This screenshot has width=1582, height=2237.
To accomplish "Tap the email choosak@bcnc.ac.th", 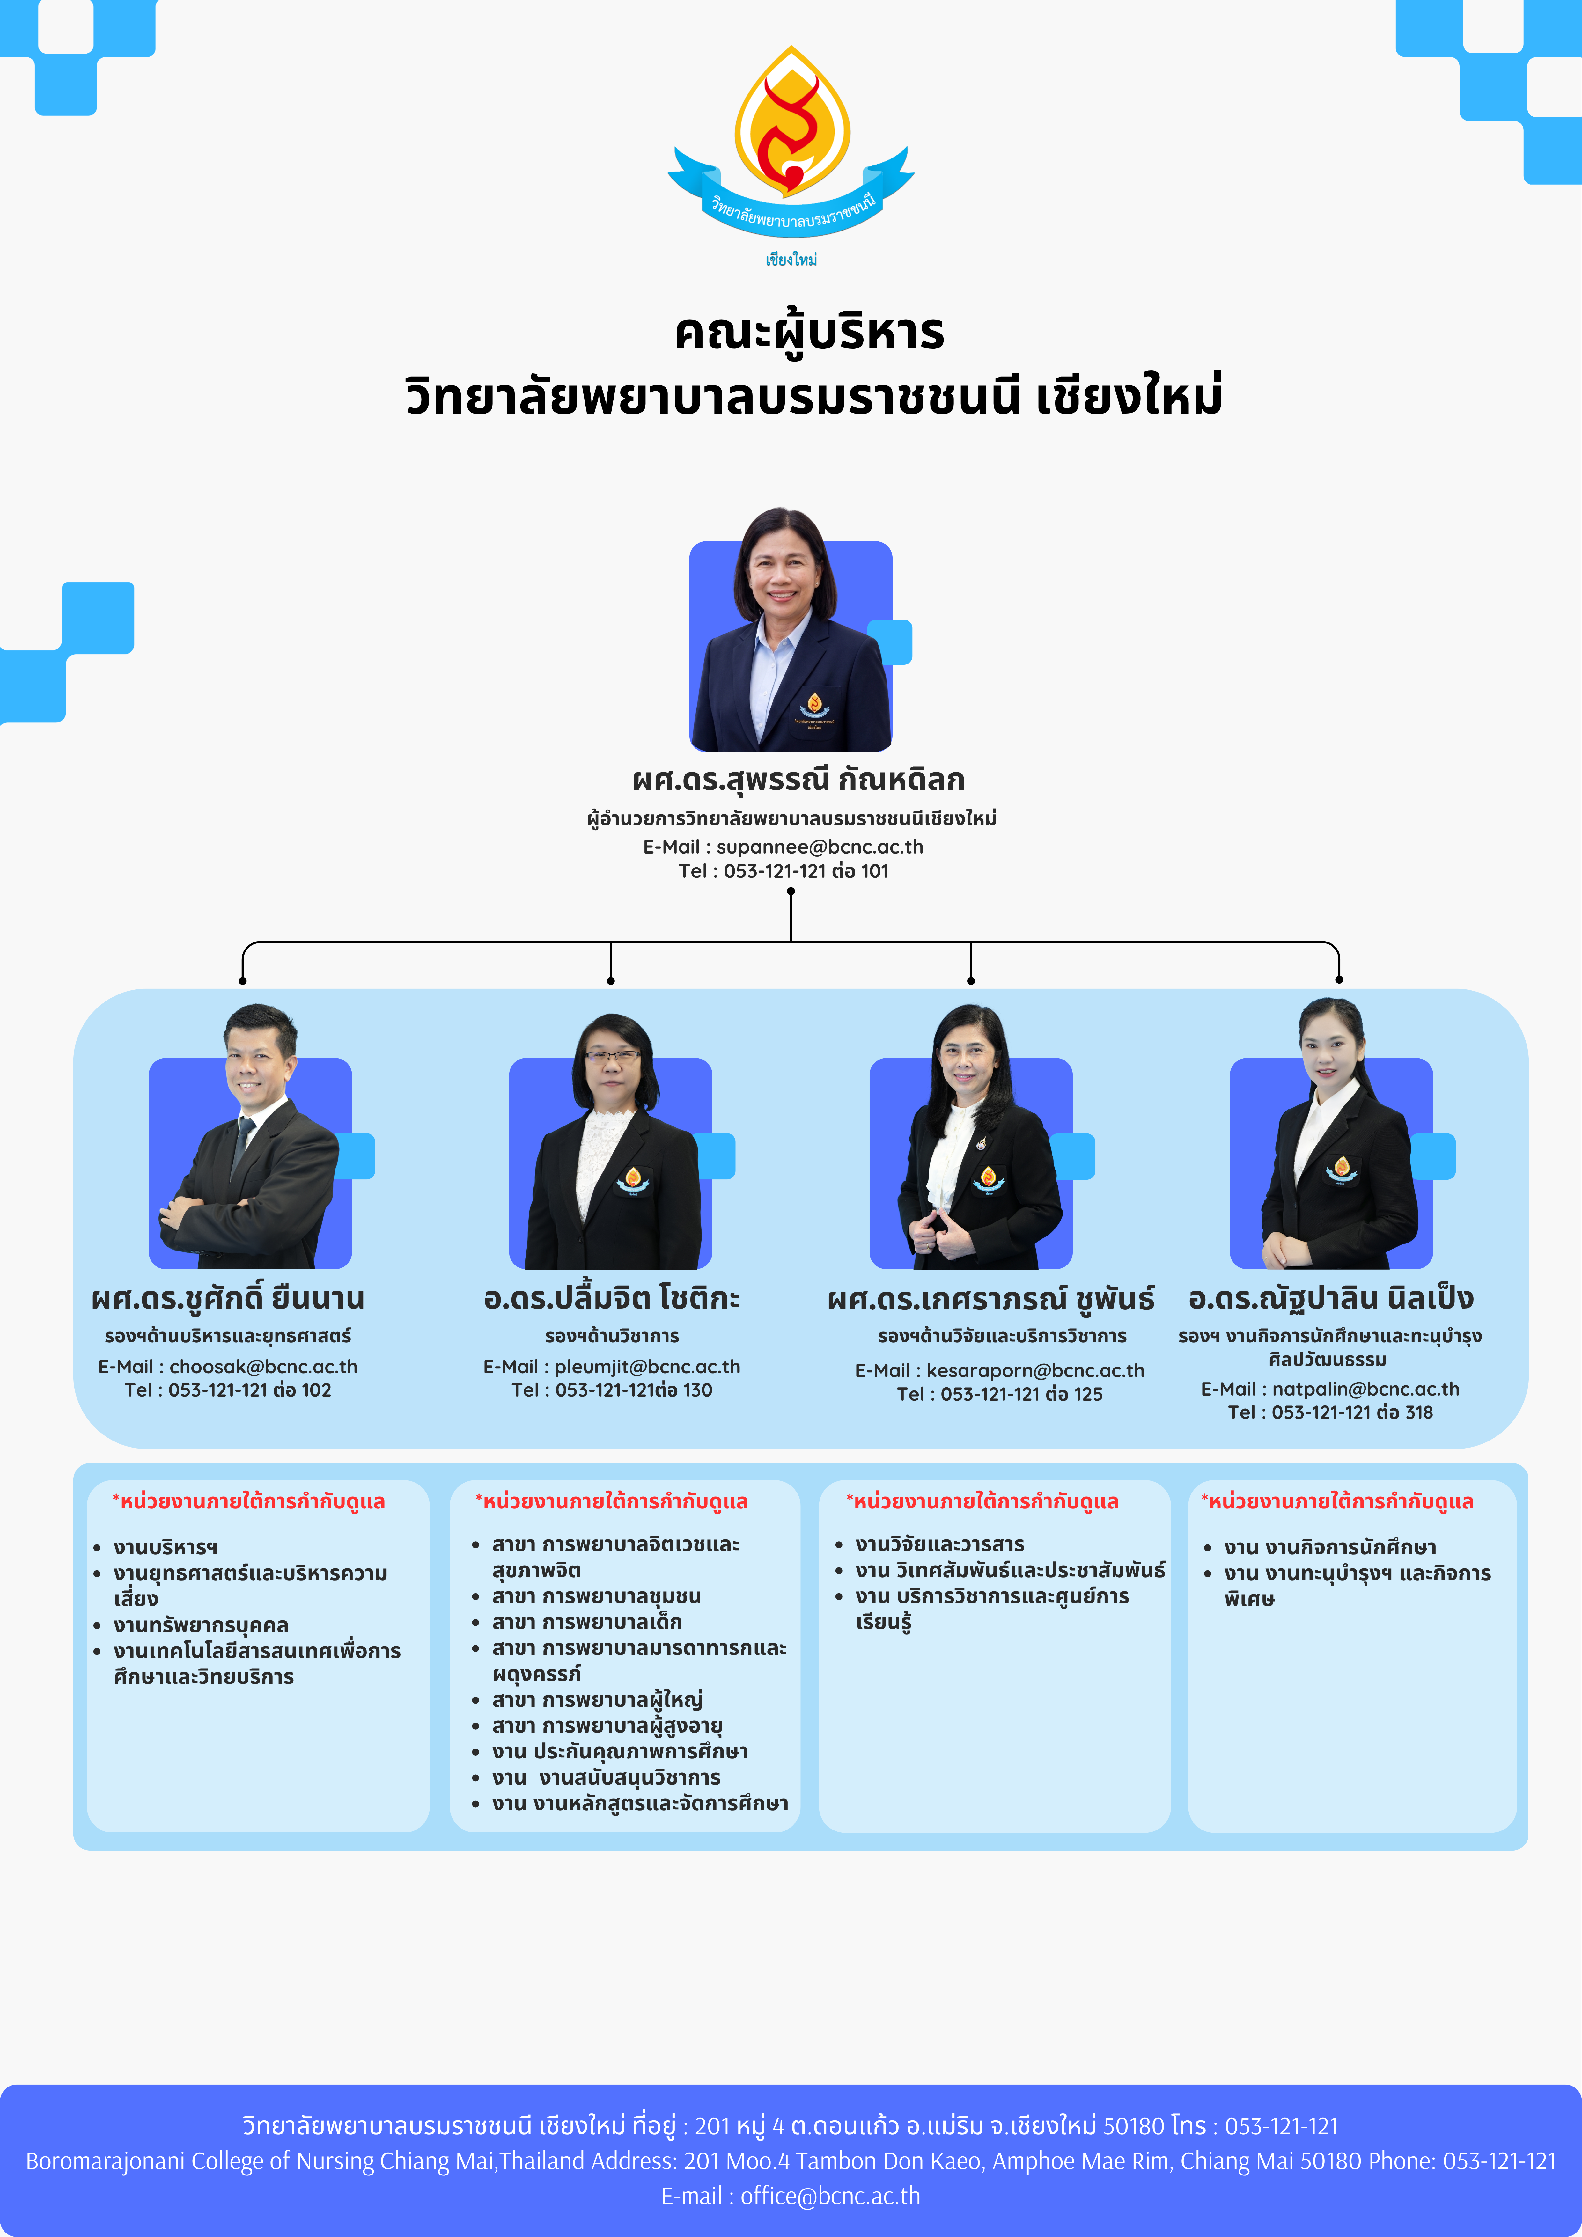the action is click(x=263, y=1367).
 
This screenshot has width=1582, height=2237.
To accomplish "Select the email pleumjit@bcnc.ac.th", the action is click(x=647, y=1367).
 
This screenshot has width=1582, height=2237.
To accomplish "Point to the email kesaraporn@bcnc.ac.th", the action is click(x=1035, y=1371).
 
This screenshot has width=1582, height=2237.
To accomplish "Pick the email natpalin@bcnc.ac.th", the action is click(x=1365, y=1389).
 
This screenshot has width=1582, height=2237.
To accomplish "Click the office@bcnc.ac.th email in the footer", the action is click(x=830, y=2195).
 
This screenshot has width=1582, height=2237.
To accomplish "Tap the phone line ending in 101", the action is click(x=784, y=871).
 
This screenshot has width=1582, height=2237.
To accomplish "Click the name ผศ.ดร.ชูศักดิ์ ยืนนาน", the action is click(x=228, y=1299).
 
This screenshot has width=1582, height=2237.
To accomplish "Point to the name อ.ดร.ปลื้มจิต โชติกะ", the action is click(x=612, y=1299).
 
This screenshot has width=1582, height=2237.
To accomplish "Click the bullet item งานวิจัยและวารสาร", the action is click(x=940, y=1544).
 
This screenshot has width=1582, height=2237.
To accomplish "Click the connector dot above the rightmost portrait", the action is click(x=1339, y=979).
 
